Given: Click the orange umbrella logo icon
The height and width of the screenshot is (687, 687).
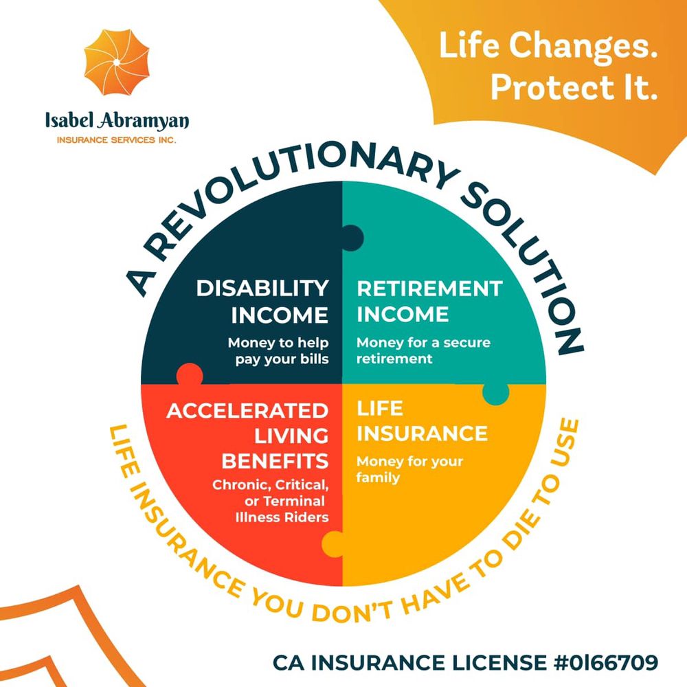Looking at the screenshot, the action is click(x=117, y=63).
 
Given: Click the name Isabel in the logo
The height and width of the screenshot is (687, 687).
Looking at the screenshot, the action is click(x=69, y=120).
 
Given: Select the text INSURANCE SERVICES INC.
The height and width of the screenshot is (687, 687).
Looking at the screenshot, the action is click(x=117, y=140).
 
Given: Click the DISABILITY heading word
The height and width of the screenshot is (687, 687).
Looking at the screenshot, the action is click(x=262, y=289).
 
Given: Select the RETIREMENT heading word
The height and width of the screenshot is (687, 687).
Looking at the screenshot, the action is click(x=429, y=289).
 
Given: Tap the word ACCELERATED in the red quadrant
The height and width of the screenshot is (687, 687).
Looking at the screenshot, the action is click(x=247, y=411).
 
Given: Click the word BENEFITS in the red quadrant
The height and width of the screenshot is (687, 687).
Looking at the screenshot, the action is click(x=275, y=461).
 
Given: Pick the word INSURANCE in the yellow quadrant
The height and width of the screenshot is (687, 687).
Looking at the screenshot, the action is click(x=422, y=433).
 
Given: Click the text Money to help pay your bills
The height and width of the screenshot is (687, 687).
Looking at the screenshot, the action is click(x=278, y=350).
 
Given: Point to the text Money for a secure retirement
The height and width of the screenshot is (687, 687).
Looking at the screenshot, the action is click(x=423, y=350).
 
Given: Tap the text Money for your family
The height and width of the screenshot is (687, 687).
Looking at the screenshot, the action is click(x=409, y=469).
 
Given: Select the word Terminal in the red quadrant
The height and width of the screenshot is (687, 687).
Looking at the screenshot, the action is click(x=294, y=501).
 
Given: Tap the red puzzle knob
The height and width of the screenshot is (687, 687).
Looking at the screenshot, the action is click(x=190, y=374).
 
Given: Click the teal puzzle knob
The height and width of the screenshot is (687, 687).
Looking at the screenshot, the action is click(x=496, y=393).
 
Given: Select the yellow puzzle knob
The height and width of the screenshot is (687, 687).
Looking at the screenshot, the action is click(x=333, y=544).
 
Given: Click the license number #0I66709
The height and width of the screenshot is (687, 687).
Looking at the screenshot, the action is click(x=607, y=662).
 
